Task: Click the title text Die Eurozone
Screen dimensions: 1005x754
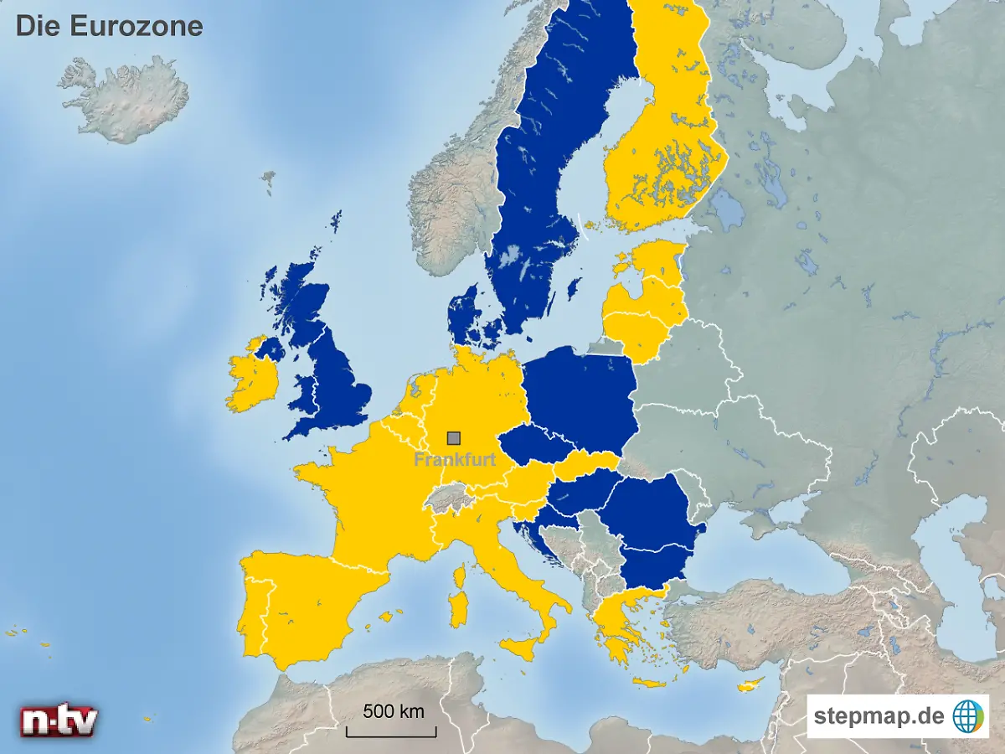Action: (109, 26)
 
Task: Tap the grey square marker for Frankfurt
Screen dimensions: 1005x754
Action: (454, 437)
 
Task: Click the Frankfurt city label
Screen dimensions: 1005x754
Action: (455, 460)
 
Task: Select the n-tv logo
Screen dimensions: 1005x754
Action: (59, 720)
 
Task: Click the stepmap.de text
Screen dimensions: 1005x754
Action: (879, 716)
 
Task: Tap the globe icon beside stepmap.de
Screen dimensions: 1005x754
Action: (968, 716)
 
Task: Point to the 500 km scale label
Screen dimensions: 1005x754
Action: (393, 712)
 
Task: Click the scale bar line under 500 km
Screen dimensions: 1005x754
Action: (392, 736)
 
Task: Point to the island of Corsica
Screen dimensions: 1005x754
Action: (459, 576)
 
